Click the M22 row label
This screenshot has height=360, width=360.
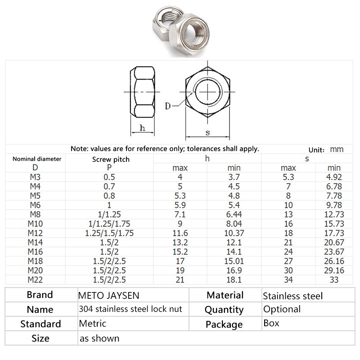tap(36, 280)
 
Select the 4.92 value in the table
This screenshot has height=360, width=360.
tap(334, 177)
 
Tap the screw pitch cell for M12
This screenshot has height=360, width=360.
tap(109, 233)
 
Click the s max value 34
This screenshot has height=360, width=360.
tap(288, 280)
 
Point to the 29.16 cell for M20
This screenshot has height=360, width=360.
tap(334, 270)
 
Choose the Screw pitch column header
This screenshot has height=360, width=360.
tap(111, 159)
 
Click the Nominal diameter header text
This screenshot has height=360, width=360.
tap(36, 159)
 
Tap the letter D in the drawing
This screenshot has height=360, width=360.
tap(167, 106)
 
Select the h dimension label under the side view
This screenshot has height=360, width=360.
tap(142, 128)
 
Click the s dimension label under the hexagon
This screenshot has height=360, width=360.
tap(207, 132)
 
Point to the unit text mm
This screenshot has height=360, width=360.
tap(337, 149)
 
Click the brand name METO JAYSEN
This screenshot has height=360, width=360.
tap(109, 296)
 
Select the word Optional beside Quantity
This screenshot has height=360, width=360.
tap(282, 309)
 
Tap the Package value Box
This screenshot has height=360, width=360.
tap(271, 324)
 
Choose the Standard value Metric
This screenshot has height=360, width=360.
tap(92, 324)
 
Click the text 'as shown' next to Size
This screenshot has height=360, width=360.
tap(99, 338)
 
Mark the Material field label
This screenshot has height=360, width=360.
tap(225, 296)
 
